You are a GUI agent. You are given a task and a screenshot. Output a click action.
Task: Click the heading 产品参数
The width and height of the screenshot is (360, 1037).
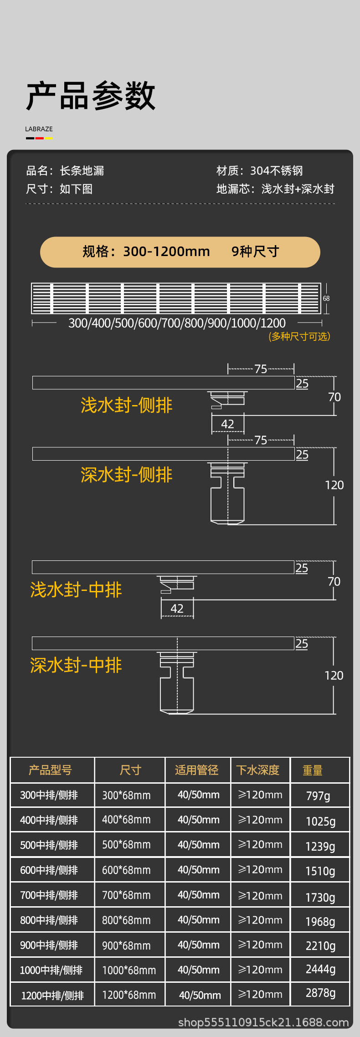coord(91,96)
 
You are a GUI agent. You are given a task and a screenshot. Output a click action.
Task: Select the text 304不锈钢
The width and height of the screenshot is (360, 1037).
coord(276,171)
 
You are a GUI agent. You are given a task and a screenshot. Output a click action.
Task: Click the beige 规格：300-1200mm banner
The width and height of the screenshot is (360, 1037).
coord(180,252)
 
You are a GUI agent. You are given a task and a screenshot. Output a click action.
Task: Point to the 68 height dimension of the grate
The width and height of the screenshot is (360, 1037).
coord(326,298)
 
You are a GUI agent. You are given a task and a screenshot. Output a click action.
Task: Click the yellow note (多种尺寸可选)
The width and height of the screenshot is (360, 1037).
coord(299,336)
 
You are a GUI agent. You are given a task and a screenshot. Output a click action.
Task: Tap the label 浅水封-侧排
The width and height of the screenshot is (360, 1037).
coord(126,405)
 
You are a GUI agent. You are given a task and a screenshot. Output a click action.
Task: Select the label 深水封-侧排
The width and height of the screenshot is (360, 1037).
coord(126,475)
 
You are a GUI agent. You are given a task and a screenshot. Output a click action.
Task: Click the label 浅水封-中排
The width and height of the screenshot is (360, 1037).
coord(76,590)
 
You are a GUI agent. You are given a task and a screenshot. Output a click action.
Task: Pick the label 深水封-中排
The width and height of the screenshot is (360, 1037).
coord(76,665)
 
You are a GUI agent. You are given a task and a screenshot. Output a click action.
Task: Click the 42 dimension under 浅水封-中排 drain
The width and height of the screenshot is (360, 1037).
coord(177,608)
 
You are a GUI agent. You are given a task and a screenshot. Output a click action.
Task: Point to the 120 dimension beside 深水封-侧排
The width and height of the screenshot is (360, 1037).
coord(334,485)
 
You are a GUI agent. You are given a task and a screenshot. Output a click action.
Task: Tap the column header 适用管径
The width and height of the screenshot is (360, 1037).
coord(197,770)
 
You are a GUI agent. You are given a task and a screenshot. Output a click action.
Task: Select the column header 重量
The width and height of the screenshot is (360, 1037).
coord(313,770)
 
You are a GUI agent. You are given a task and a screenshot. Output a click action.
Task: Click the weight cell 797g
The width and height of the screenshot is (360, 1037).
coord(318,796)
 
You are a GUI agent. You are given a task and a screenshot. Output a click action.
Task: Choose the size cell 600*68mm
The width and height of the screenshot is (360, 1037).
coord(126,870)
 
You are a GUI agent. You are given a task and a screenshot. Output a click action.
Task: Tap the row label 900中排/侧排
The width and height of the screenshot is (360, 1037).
coord(49,945)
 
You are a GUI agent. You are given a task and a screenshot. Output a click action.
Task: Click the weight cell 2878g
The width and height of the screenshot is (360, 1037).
coord(320,993)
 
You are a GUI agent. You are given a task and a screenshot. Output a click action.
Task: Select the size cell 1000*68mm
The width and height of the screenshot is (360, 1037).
coord(129,970)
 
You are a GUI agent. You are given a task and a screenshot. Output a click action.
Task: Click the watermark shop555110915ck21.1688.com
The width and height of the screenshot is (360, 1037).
coord(263,1022)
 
